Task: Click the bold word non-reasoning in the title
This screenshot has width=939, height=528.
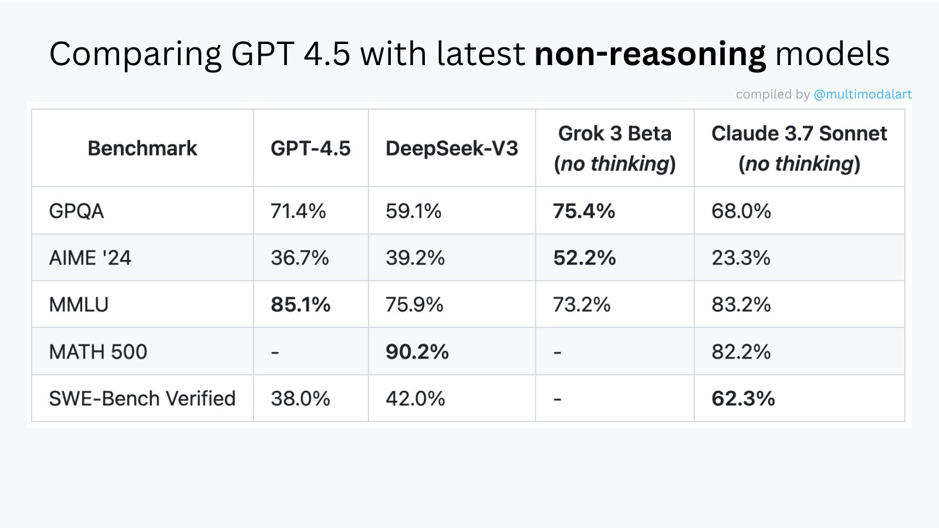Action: coord(650,55)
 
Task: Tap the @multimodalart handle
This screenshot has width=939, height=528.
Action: coord(862,94)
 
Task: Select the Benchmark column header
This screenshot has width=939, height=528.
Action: coord(142,148)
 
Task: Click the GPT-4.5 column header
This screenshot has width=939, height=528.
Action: coord(310,148)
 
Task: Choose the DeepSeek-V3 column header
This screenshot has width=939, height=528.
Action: coord(451,148)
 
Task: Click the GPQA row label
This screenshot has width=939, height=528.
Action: coord(76,211)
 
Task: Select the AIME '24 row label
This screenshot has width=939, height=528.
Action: coord(90,258)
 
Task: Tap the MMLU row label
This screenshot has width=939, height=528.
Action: coord(79,305)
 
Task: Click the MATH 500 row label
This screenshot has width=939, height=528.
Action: coord(98,352)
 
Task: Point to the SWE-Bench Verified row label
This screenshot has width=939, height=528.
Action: coord(142,399)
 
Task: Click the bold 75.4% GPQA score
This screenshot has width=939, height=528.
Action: coord(584,211)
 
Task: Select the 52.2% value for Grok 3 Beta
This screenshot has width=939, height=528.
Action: coord(585,258)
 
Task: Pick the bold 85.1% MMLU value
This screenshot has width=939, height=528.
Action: coord(300,305)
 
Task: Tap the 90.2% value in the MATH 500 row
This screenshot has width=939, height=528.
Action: coord(417,352)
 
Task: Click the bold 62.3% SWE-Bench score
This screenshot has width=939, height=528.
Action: coord(743,399)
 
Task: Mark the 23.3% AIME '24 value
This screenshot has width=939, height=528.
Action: coord(741,258)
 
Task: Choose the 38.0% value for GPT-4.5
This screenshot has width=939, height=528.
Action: coord(300,399)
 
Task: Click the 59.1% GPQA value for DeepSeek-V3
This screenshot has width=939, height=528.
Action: coord(413,211)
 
